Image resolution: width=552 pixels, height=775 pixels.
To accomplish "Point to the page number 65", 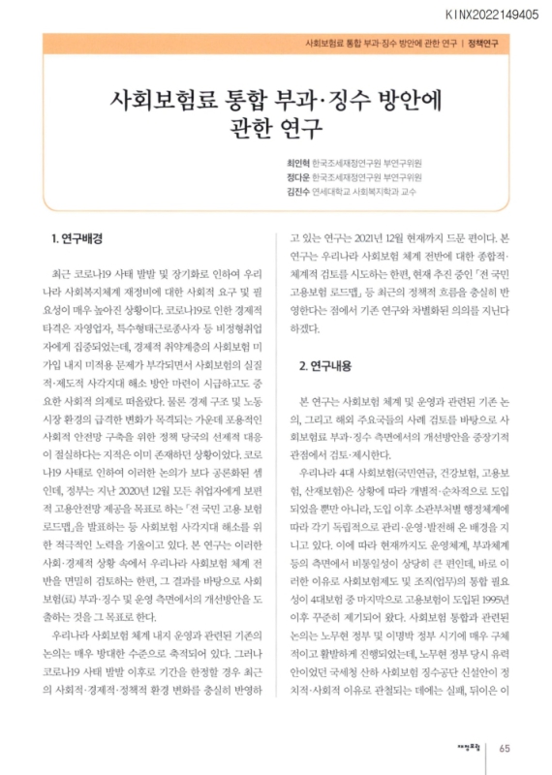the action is [506, 747].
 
